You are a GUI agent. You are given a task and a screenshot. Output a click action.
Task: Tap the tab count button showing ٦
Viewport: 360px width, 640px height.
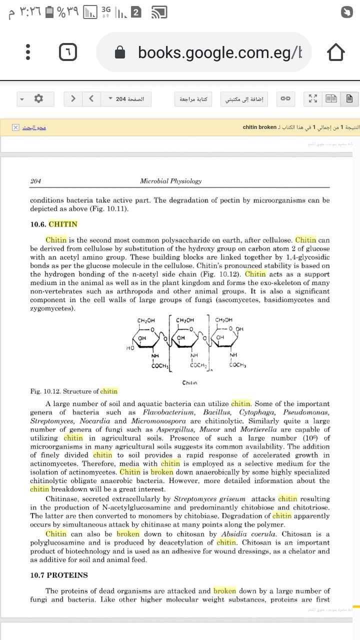(68, 52)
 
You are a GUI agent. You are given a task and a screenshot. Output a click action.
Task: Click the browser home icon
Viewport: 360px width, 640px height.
(335, 52)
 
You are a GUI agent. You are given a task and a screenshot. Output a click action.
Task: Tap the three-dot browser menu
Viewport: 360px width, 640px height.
(28, 52)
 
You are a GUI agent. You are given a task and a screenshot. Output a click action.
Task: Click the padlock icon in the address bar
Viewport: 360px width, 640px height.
(120, 52)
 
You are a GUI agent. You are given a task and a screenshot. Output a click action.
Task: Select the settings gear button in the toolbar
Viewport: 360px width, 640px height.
(38, 98)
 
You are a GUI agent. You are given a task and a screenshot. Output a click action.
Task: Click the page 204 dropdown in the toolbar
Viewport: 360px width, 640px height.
(126, 99)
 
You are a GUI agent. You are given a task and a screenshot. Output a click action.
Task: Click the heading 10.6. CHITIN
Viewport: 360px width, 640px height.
(54, 224)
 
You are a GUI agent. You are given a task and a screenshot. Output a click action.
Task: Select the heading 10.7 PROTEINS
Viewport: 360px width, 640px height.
(59, 575)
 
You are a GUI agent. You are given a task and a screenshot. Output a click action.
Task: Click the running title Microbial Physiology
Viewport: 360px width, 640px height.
(170, 181)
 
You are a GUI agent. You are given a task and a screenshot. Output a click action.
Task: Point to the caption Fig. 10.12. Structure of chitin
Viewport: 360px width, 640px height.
(74, 391)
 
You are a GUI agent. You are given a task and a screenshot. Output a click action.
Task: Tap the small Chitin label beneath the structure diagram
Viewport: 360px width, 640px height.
(189, 383)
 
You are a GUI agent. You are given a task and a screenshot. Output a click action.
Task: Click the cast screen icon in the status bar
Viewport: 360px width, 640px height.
(159, 12)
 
